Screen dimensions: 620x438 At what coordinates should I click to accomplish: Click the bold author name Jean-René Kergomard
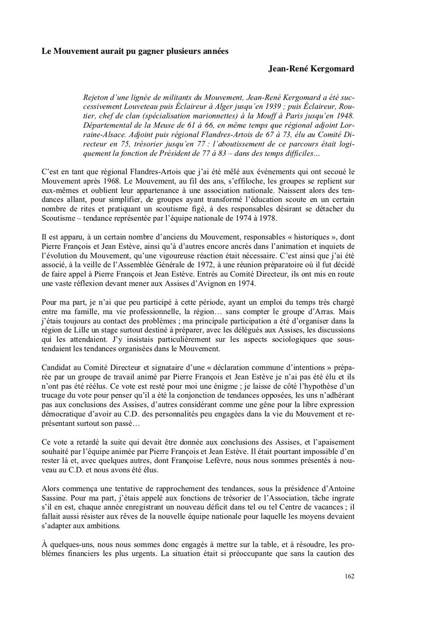click(x=311, y=69)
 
